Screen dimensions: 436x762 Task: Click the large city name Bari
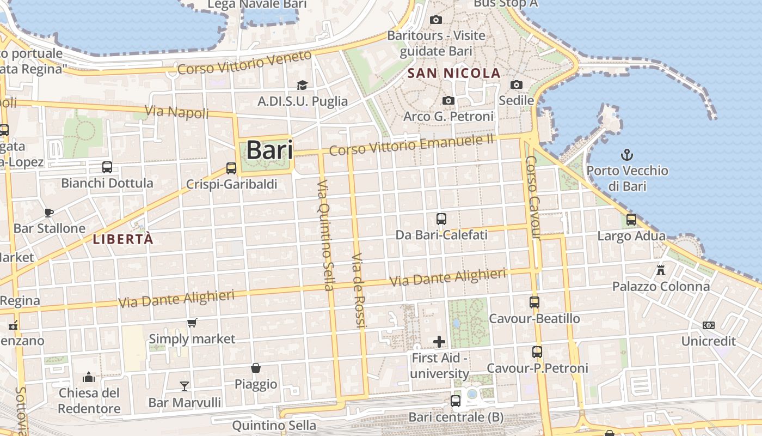269,150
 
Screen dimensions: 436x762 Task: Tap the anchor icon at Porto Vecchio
627,155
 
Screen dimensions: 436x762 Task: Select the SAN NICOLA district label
453,73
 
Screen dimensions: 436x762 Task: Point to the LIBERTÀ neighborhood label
123,239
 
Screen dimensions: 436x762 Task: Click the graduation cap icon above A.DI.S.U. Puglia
302,85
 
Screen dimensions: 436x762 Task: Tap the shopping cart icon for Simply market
192,323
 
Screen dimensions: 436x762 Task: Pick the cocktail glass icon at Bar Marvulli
185,386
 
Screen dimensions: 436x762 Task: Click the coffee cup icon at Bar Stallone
49,212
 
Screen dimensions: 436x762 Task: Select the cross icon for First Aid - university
439,342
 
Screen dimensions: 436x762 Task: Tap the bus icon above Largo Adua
631,220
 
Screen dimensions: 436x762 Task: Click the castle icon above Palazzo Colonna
661,270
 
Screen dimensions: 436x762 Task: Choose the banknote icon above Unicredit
708,325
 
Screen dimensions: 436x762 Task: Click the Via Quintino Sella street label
324,234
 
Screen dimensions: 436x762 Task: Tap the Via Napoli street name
177,112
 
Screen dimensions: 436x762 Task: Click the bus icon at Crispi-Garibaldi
231,168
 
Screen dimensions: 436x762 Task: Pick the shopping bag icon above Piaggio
255,368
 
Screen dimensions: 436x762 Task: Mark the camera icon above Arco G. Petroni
448,100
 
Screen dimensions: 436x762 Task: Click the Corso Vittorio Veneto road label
244,63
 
